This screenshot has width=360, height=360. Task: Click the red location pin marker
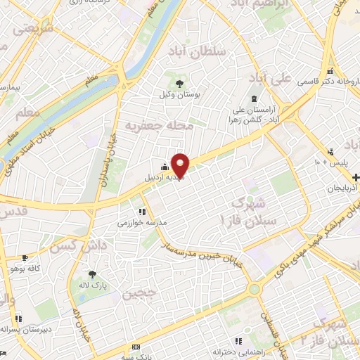181,165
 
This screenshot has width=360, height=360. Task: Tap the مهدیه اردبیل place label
164,177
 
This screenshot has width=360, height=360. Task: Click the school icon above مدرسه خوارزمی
143,211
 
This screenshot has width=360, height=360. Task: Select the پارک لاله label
91,285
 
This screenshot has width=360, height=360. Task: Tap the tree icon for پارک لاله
92,275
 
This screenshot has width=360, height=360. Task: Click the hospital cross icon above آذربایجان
356,177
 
